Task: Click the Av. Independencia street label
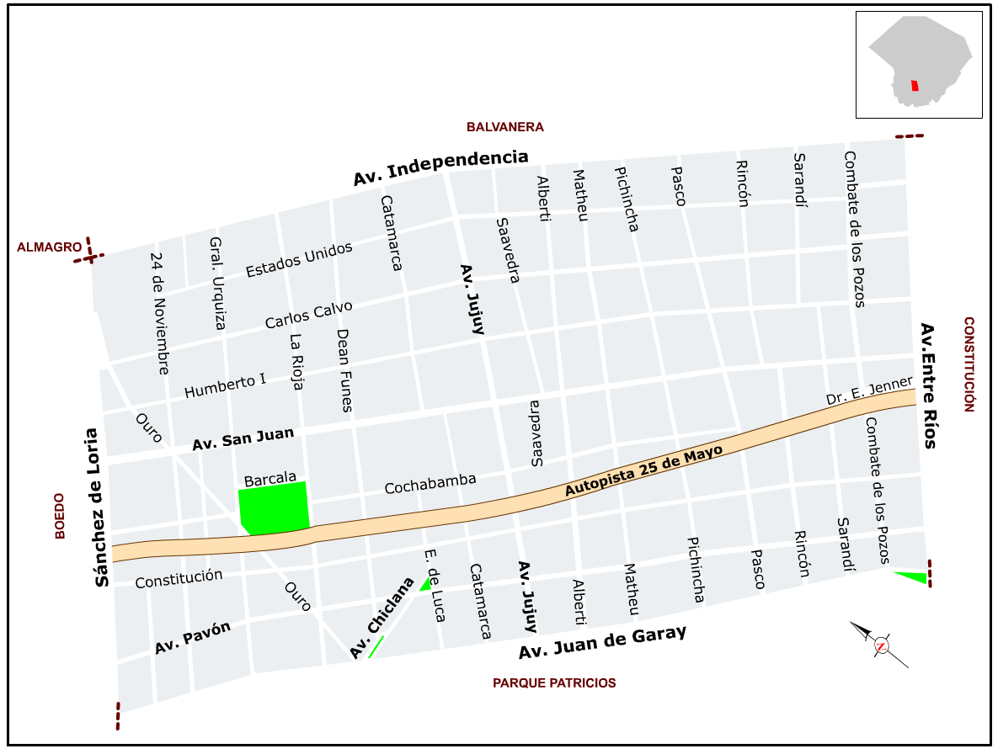point(440,167)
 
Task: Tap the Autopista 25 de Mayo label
point(644,471)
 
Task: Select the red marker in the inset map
point(915,86)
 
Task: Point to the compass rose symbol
point(881,645)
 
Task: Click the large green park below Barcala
point(274,507)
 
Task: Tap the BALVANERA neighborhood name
point(505,127)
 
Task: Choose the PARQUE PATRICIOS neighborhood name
point(554,682)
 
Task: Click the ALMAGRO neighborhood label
point(50,247)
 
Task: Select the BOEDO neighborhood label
point(60,516)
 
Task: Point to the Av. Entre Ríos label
point(928,385)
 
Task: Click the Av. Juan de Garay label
point(602,642)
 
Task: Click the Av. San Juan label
point(243,438)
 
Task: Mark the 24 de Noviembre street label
point(159,313)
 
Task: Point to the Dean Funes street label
point(344,369)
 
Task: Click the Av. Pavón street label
point(193,639)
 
